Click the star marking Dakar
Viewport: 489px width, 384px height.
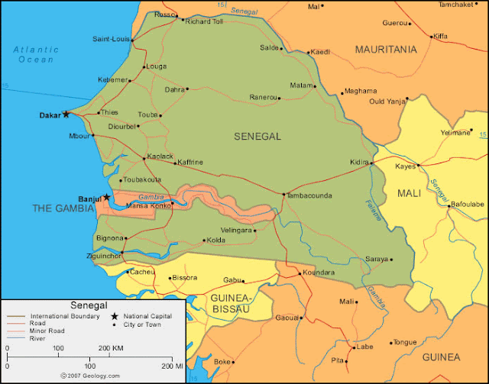click(x=66, y=115)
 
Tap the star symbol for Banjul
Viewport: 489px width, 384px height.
click(x=107, y=198)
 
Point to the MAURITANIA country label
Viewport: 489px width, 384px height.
click(x=386, y=50)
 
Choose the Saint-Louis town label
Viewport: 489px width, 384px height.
click(x=111, y=39)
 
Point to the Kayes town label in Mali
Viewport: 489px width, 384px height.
click(x=405, y=166)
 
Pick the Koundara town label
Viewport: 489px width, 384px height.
click(x=319, y=273)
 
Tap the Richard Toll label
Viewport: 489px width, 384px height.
click(x=204, y=21)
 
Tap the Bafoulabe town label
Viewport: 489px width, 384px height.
click(x=468, y=205)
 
